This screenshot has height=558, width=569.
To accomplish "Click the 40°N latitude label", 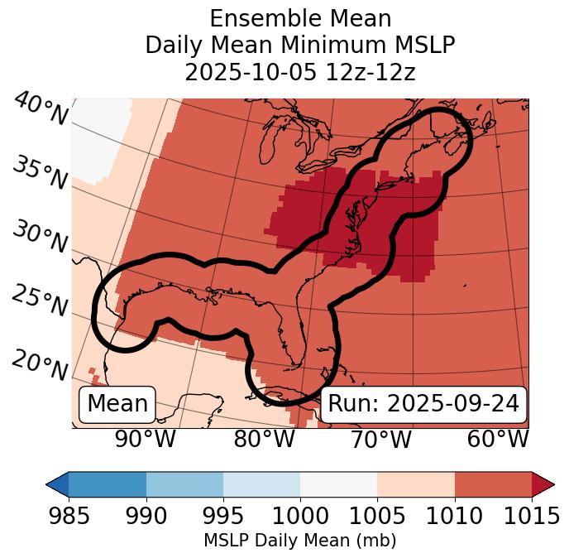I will (41, 109).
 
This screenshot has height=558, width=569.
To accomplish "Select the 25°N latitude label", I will (40, 301).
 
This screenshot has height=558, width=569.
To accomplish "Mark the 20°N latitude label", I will (40, 364).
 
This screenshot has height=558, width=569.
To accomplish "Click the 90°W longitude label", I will (145, 439).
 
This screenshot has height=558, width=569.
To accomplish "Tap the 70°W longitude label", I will (380, 439).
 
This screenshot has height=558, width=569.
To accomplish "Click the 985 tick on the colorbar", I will (69, 516).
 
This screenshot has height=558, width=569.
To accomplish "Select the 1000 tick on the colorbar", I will (300, 516).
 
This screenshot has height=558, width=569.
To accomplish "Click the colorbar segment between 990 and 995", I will (184, 484).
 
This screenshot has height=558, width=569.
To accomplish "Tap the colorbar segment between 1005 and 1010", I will (416, 484).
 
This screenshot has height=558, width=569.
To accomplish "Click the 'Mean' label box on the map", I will (117, 404).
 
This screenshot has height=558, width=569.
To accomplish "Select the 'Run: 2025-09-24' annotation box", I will (423, 404).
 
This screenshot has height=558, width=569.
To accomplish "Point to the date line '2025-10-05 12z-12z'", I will (300, 72).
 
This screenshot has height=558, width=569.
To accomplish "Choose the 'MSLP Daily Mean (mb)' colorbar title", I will (300, 541).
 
